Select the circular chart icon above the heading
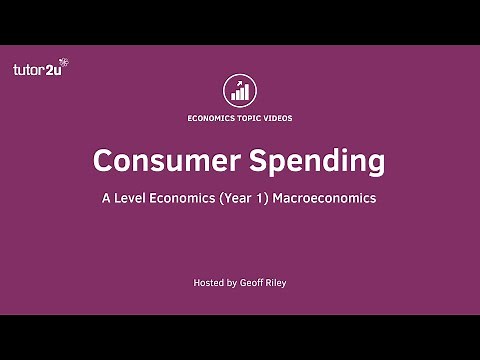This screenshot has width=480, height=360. point(240,90)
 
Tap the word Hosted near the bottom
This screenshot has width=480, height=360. point(208,283)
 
